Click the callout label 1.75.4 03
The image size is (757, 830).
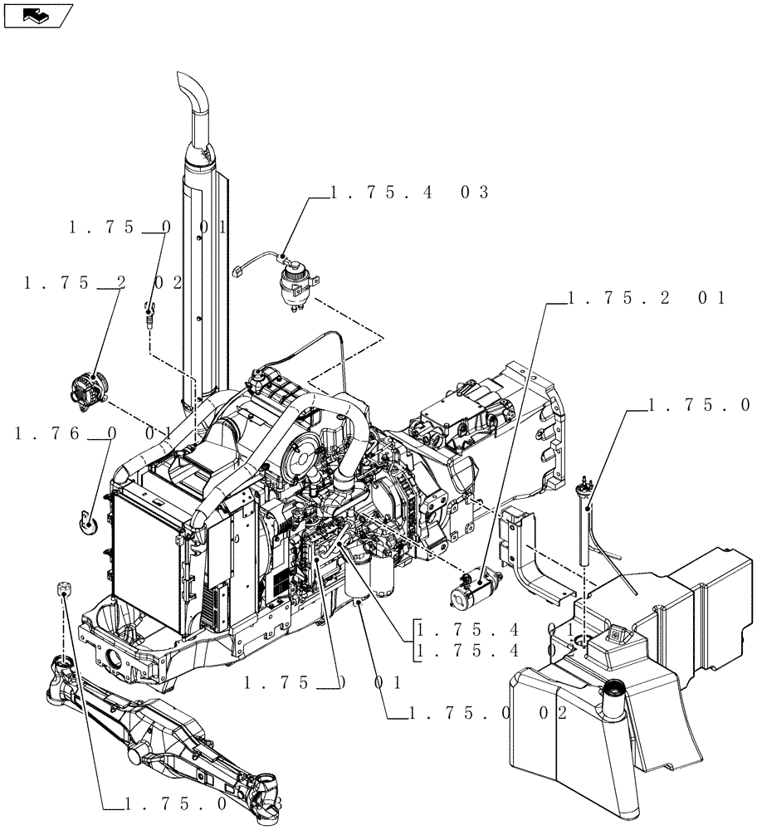tap(409, 193)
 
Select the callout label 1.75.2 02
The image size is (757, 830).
tap(104, 283)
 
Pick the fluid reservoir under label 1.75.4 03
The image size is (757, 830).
tap(295, 283)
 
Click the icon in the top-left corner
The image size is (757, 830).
tap(38, 15)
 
